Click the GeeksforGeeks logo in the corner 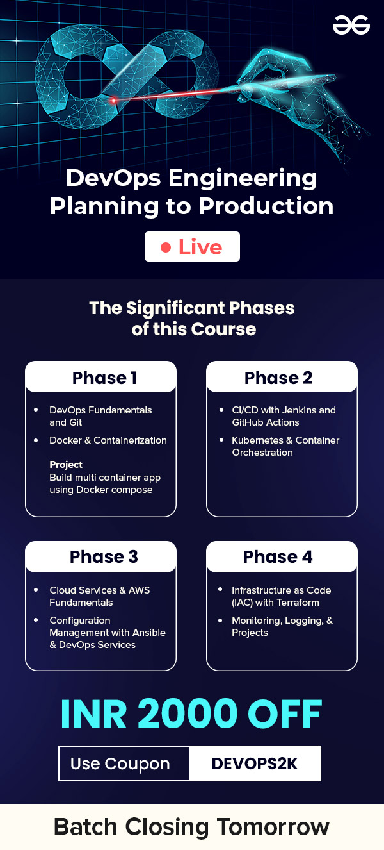351,25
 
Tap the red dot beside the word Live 166,247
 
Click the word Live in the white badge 200,247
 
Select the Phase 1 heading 104,378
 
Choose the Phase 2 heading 278,378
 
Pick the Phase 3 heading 104,556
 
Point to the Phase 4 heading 278,556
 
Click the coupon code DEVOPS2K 255,763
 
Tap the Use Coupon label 120,764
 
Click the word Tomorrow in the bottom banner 273,826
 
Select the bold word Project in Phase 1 66,465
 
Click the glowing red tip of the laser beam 113,101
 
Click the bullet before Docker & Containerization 36,440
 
